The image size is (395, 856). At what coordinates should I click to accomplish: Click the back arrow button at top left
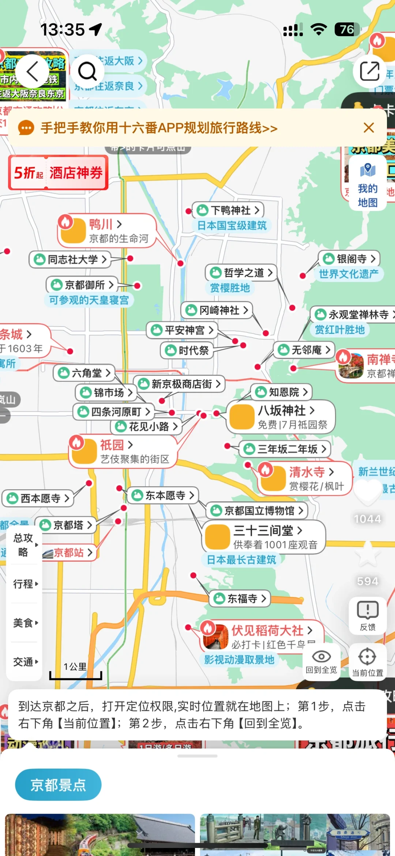tap(32, 71)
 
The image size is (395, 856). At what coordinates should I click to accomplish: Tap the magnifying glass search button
tap(87, 71)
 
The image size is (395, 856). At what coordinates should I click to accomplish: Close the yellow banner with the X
tap(369, 128)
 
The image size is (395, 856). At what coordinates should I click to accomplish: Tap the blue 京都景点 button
tap(58, 785)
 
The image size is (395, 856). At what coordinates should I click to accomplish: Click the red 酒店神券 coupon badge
tap(59, 173)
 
